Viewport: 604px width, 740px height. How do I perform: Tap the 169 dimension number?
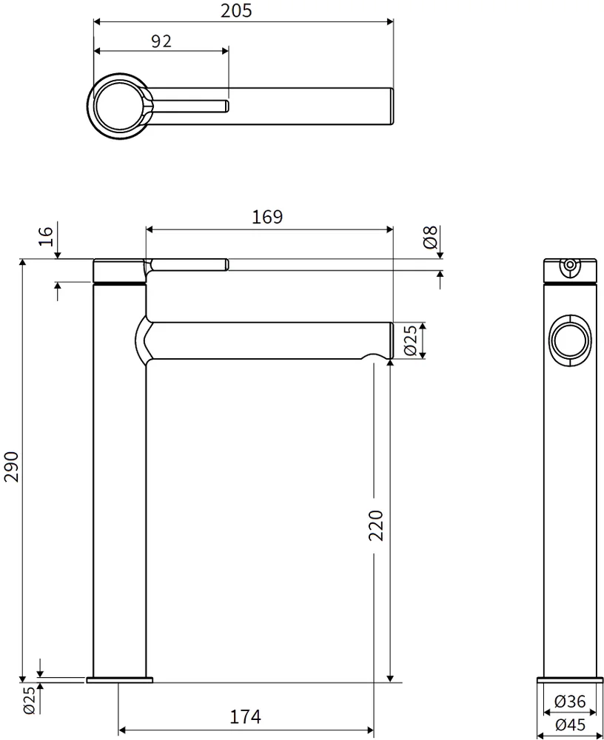(x=266, y=217)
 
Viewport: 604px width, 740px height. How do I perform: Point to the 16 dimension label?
(x=46, y=236)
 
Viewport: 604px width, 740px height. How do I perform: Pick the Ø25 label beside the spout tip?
(x=411, y=340)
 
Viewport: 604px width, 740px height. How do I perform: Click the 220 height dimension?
(x=376, y=525)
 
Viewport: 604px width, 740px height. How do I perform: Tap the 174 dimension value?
(x=246, y=716)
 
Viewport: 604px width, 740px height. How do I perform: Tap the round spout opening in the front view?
(x=570, y=342)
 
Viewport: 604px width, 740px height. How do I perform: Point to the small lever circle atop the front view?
(x=570, y=264)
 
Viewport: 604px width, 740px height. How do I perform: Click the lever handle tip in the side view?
(x=225, y=264)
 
